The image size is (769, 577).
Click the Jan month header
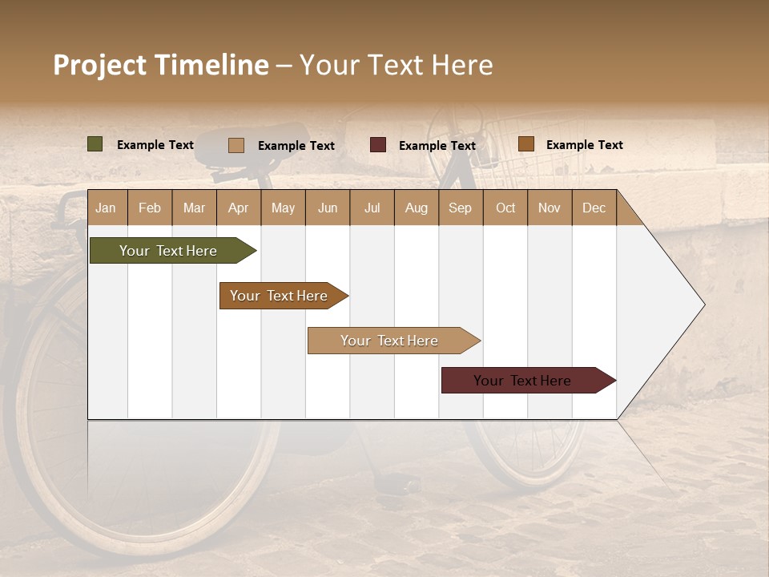point(106,208)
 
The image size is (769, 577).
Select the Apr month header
point(238,208)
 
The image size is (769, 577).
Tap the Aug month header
point(416,208)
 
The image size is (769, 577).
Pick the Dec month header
point(594,208)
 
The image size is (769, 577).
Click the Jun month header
point(327,208)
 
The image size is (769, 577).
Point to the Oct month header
point(505,208)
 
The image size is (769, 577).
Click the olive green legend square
point(95,144)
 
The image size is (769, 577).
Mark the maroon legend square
point(378,145)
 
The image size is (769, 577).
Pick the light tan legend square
point(236,145)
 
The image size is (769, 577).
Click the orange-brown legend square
point(525,144)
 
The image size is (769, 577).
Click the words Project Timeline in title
point(160,65)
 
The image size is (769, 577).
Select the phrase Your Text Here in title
point(396,65)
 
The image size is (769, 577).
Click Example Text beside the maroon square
point(437,146)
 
